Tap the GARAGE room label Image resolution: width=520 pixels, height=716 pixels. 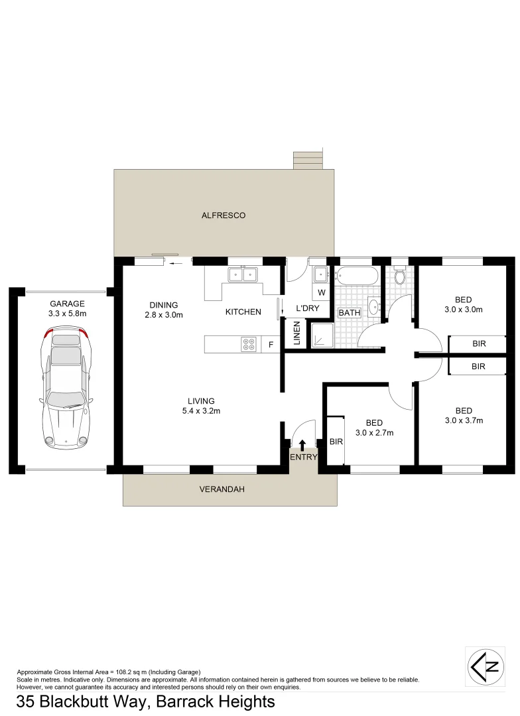point(66,304)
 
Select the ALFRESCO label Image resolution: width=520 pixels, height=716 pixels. point(224,215)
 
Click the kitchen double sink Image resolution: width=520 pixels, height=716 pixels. point(242,274)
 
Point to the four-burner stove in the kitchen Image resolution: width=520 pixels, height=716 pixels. point(249,343)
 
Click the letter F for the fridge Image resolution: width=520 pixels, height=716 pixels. point(270,344)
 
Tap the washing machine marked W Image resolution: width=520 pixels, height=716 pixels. point(321,292)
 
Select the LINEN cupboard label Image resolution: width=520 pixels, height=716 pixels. point(296,333)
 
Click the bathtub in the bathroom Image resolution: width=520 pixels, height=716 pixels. point(356,276)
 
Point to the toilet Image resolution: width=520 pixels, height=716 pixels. point(399,276)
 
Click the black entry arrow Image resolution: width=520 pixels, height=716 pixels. point(303,444)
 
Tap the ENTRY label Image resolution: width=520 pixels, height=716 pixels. point(304,457)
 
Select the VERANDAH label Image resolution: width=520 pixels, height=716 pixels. point(222,490)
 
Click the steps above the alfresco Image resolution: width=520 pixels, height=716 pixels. point(307,160)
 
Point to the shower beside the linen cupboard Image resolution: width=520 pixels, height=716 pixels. point(322,335)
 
